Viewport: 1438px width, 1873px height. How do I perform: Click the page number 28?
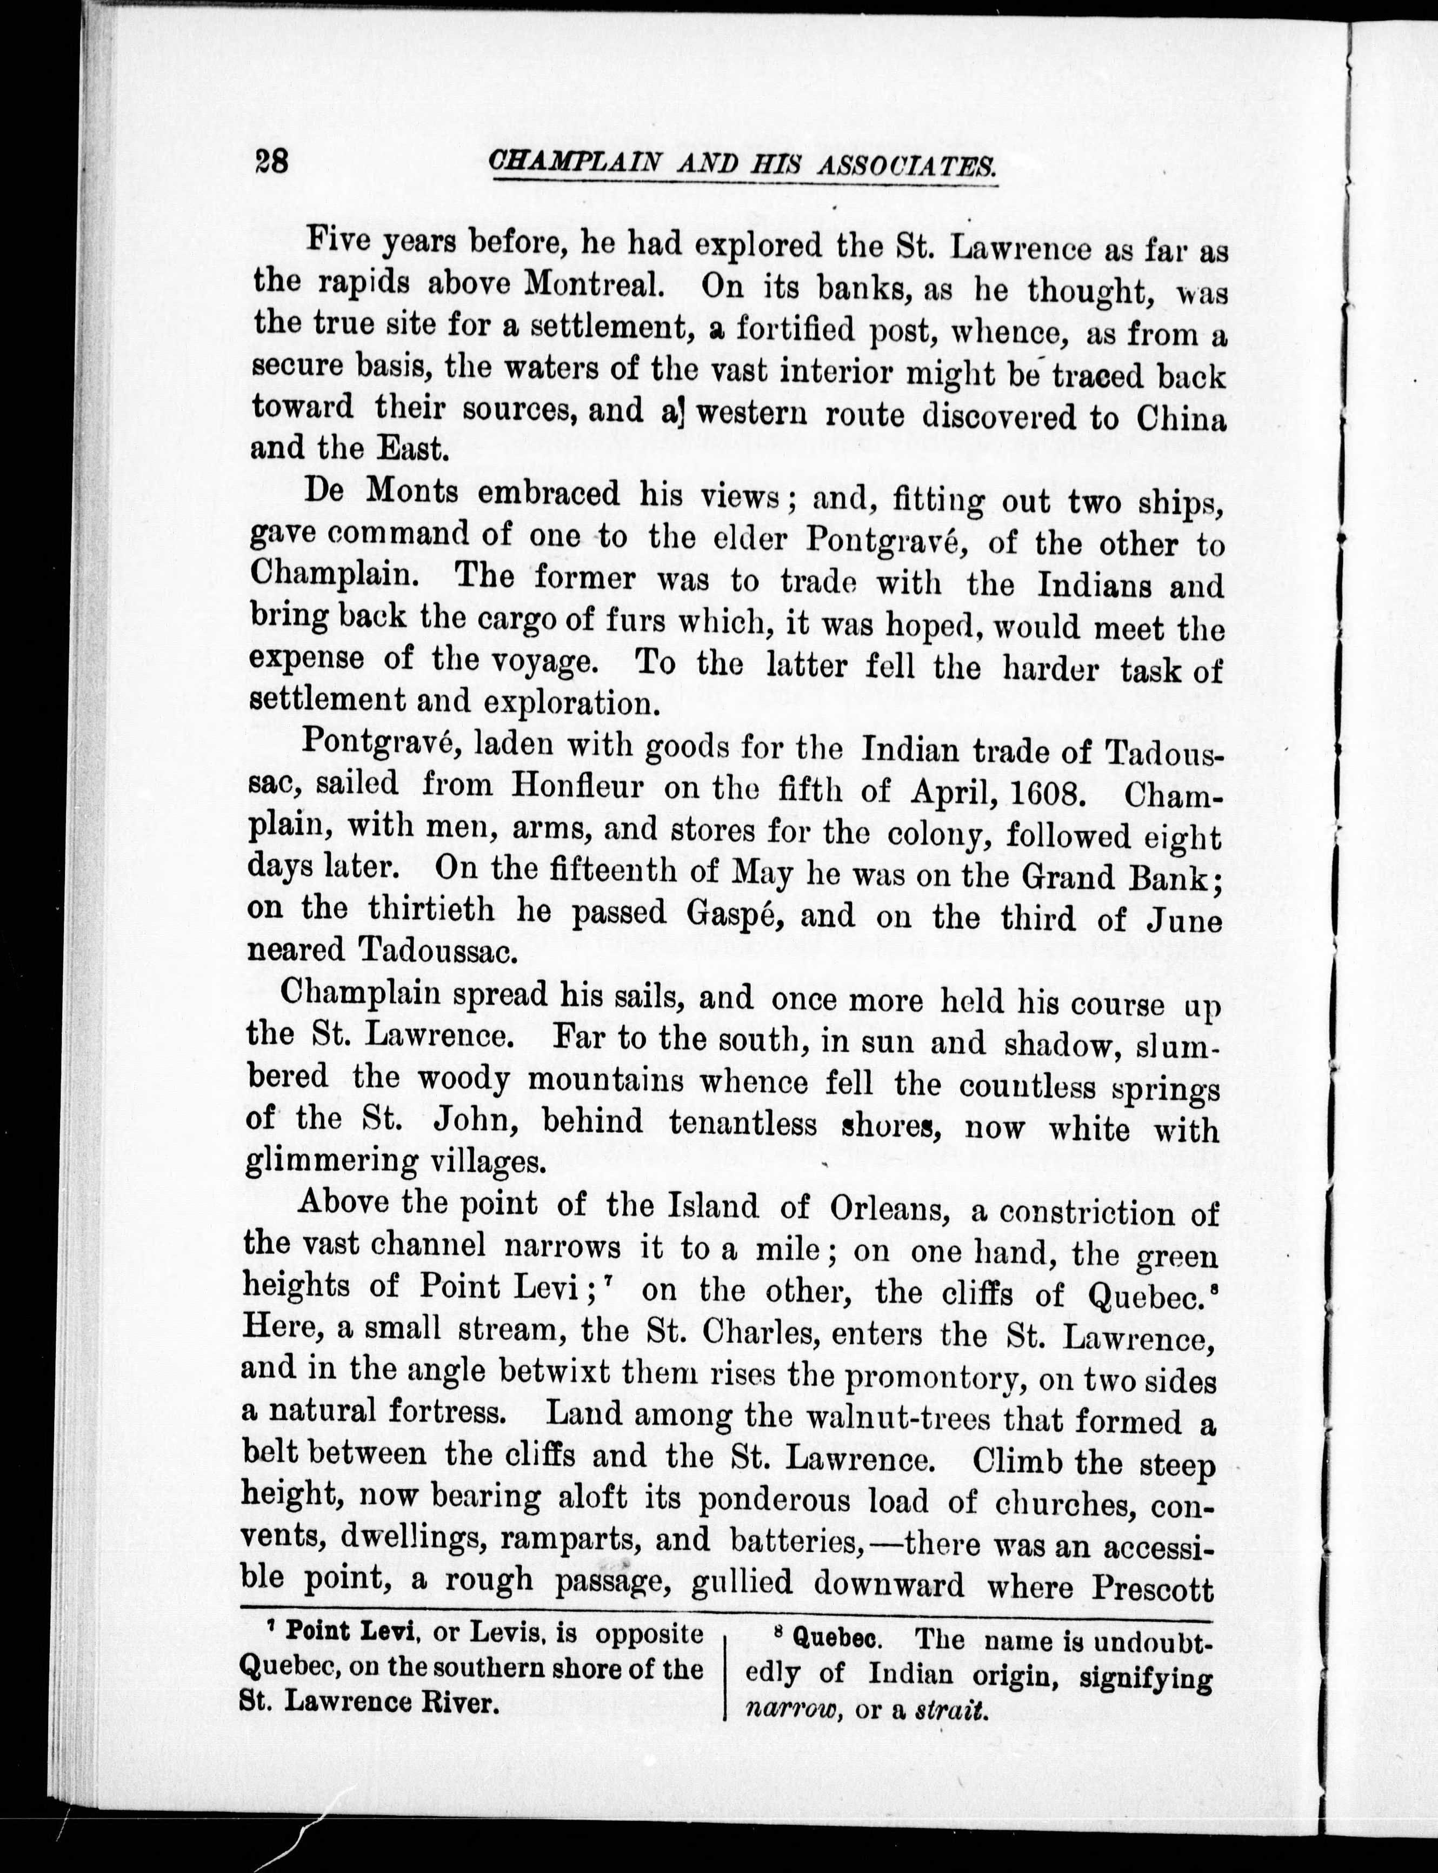pyautogui.click(x=271, y=161)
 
